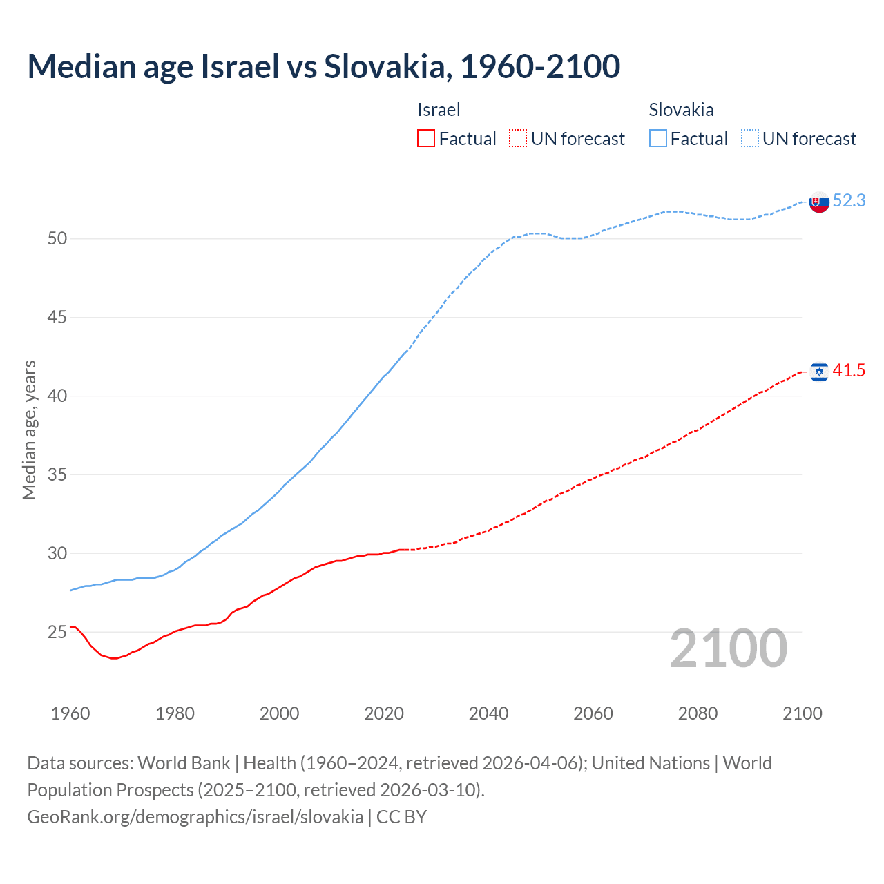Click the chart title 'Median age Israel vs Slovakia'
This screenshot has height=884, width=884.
tap(323, 66)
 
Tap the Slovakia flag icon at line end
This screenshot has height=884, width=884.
tap(819, 202)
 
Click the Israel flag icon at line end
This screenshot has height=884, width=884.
tap(819, 372)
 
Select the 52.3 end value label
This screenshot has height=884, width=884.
tap(849, 200)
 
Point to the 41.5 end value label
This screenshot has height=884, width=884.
tap(849, 371)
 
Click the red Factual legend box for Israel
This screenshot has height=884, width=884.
tap(426, 139)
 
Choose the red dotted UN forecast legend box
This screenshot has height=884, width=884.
tap(518, 139)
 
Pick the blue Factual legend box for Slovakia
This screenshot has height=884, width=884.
tap(658, 139)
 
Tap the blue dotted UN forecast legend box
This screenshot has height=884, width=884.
tap(750, 139)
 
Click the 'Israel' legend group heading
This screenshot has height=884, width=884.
tap(439, 110)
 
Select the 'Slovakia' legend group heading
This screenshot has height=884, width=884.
tap(681, 110)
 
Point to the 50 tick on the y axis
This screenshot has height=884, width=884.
tap(57, 239)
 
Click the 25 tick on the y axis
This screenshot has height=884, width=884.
tap(57, 633)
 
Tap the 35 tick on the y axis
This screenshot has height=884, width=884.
tap(57, 475)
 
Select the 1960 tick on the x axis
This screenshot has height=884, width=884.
tap(70, 713)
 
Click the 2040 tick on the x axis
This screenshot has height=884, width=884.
tap(488, 713)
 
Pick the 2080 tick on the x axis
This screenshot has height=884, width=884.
tap(698, 713)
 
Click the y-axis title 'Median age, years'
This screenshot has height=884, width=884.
tap(29, 430)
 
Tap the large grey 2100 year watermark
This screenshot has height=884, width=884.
tap(728, 648)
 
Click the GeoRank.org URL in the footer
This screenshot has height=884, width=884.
tap(195, 817)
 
